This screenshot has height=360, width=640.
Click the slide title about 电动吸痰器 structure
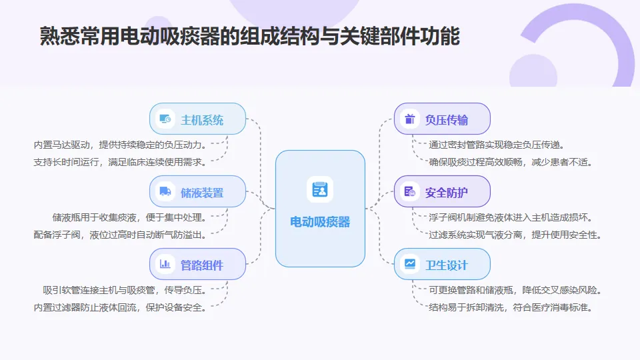tap(250, 37)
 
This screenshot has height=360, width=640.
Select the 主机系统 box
tap(198, 120)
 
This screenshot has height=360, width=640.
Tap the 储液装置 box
tap(198, 193)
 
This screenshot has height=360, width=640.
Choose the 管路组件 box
tap(198, 265)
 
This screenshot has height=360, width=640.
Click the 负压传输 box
tap(442, 120)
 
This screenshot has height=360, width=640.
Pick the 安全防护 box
tap(442, 193)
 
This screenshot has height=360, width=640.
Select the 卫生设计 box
tap(442, 265)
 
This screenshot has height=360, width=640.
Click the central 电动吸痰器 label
tap(320, 222)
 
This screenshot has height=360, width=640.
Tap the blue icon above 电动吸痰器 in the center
tap(320, 190)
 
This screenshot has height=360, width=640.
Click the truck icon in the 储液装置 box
tap(165, 193)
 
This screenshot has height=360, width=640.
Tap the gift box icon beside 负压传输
tap(409, 120)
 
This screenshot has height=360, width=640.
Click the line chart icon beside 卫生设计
tap(409, 265)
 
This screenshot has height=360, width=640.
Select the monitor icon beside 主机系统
tap(165, 120)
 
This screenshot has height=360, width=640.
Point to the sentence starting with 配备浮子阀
tap(120, 234)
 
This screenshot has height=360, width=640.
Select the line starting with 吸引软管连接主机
tap(125, 290)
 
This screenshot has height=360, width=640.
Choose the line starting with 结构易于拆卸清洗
tap(511, 307)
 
